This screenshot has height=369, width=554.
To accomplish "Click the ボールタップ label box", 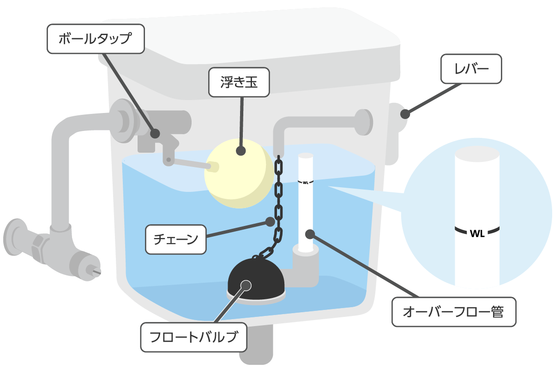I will click(96, 39).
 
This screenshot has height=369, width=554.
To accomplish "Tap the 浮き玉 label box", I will click(238, 83).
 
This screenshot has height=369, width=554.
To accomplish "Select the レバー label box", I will click(471, 69).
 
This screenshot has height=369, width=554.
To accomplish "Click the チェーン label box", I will click(175, 239).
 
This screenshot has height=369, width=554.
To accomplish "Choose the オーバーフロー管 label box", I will click(453, 312).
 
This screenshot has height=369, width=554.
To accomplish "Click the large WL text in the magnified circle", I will click(476, 233).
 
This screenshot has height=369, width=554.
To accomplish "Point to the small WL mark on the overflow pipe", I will click(305, 182).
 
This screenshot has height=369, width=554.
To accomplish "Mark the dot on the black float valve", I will click(246, 285).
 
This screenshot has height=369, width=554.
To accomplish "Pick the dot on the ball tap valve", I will click(155, 133).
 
